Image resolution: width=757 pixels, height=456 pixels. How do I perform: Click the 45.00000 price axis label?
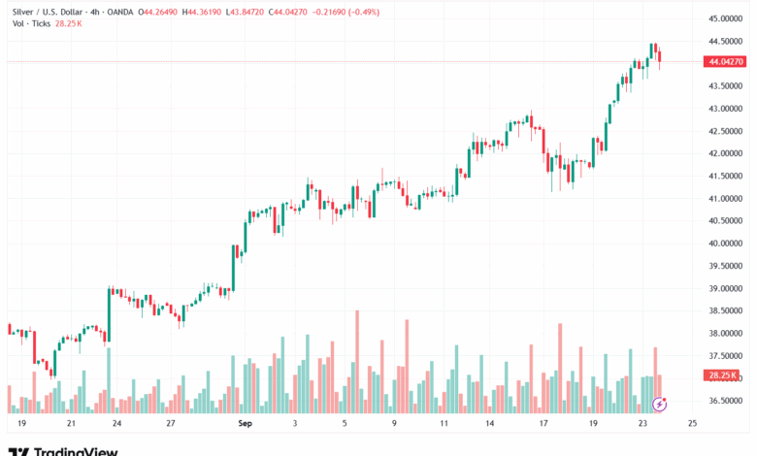pyautogui.click(x=725, y=18)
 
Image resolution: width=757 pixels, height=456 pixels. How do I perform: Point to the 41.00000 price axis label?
pyautogui.click(x=725, y=198)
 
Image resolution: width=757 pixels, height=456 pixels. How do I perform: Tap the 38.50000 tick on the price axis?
pyautogui.click(x=725, y=310)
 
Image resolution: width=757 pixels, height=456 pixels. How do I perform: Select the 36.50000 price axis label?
pyautogui.click(x=725, y=401)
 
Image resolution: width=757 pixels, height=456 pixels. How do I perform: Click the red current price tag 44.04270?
pyautogui.click(x=726, y=62)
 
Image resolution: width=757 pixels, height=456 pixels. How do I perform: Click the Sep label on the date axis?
pyautogui.click(x=245, y=424)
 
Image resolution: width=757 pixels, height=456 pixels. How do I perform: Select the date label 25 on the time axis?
pyautogui.click(x=692, y=424)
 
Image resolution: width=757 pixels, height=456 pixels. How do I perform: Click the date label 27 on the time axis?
pyautogui.click(x=170, y=424)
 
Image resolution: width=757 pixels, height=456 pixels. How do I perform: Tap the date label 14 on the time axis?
pyautogui.click(x=491, y=424)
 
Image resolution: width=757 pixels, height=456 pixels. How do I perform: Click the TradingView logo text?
pyautogui.click(x=76, y=451)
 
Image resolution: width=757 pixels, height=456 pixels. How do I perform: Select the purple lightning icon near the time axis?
pyautogui.click(x=660, y=403)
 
